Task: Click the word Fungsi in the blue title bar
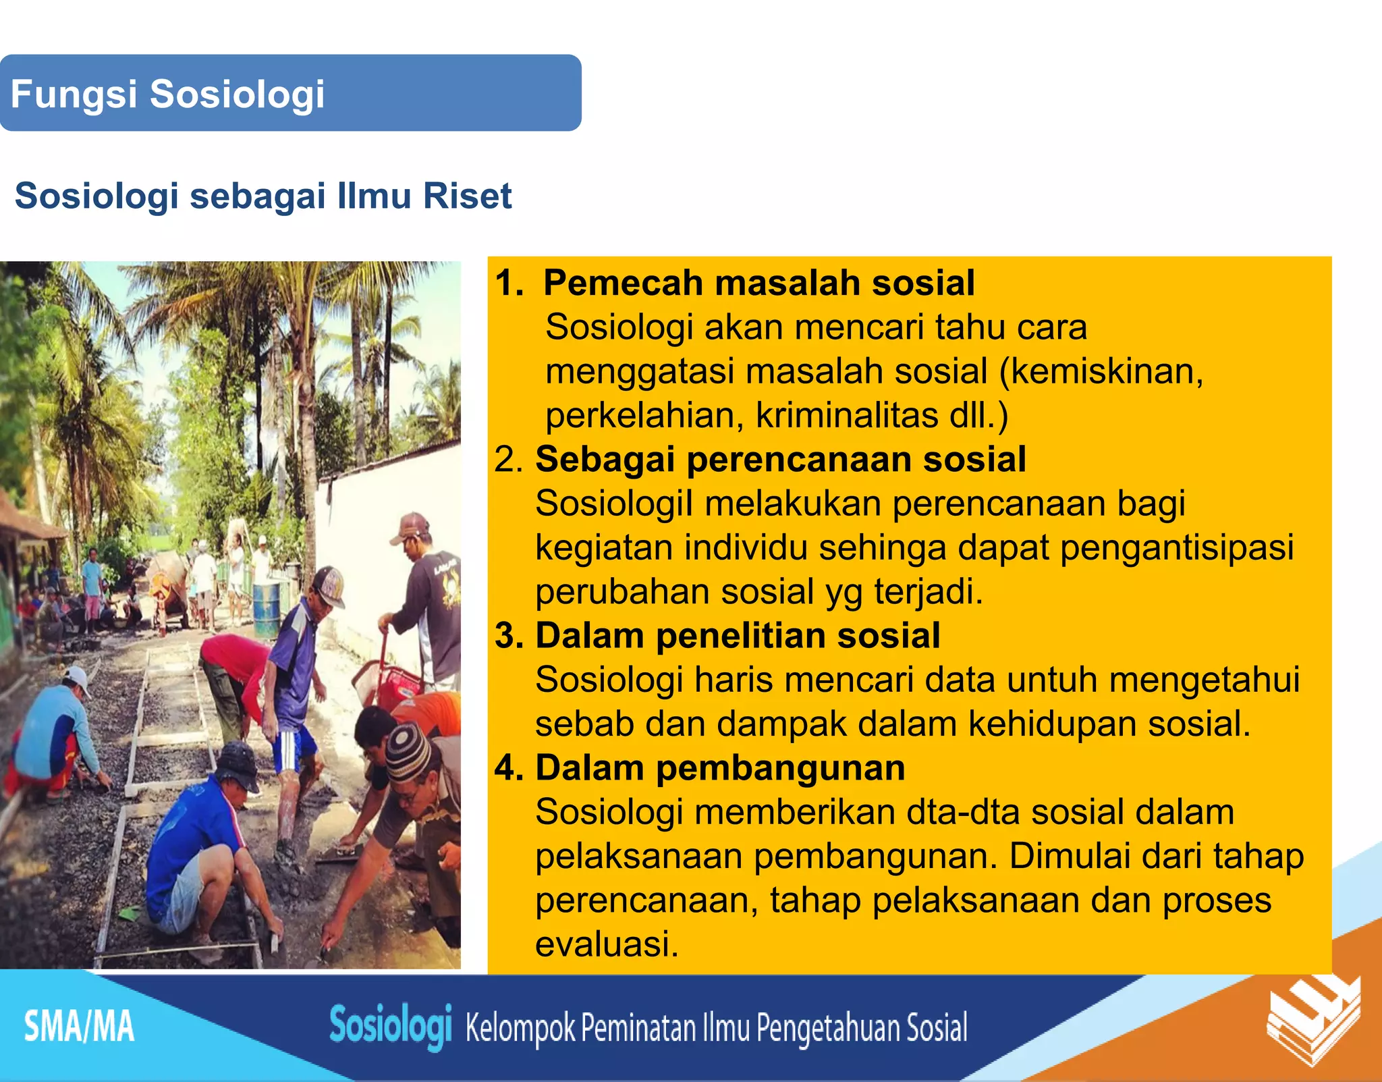tap(74, 94)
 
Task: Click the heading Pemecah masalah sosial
tap(758, 282)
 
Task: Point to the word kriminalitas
tap(846, 415)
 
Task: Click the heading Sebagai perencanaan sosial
tap(780, 459)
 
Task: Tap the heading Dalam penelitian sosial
tap(737, 636)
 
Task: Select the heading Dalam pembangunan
tap(719, 768)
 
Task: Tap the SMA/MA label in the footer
tap(79, 1027)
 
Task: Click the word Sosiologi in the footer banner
tap(389, 1026)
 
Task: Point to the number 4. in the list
tap(510, 768)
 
